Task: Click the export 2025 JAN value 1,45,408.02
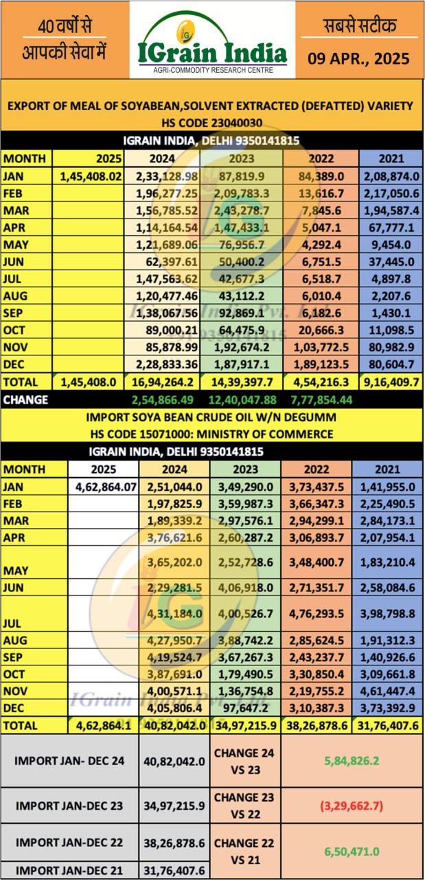91,176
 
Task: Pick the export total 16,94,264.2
169,382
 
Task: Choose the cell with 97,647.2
246,707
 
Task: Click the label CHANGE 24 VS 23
244,761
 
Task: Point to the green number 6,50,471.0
352,850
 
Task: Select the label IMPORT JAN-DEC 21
69,871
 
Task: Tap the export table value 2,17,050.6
388,193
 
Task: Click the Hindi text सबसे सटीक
359,26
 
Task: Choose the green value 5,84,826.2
352,761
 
